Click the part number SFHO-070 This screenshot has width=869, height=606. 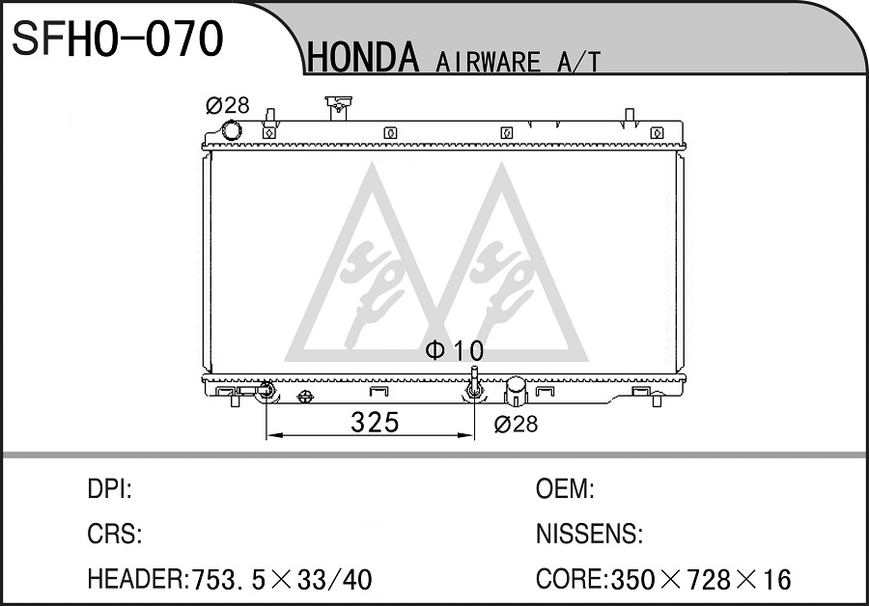[118, 39]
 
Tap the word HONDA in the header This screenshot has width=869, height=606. [363, 58]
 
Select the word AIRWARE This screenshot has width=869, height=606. [488, 62]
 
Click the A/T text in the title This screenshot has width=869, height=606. [578, 62]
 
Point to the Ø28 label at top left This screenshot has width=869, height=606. [227, 104]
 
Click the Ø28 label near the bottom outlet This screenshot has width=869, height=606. [516, 425]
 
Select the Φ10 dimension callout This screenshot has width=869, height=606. [455, 350]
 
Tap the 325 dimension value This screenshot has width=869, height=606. [375, 423]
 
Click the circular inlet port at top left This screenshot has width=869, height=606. [231, 131]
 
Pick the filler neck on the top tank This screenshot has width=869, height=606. [338, 107]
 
